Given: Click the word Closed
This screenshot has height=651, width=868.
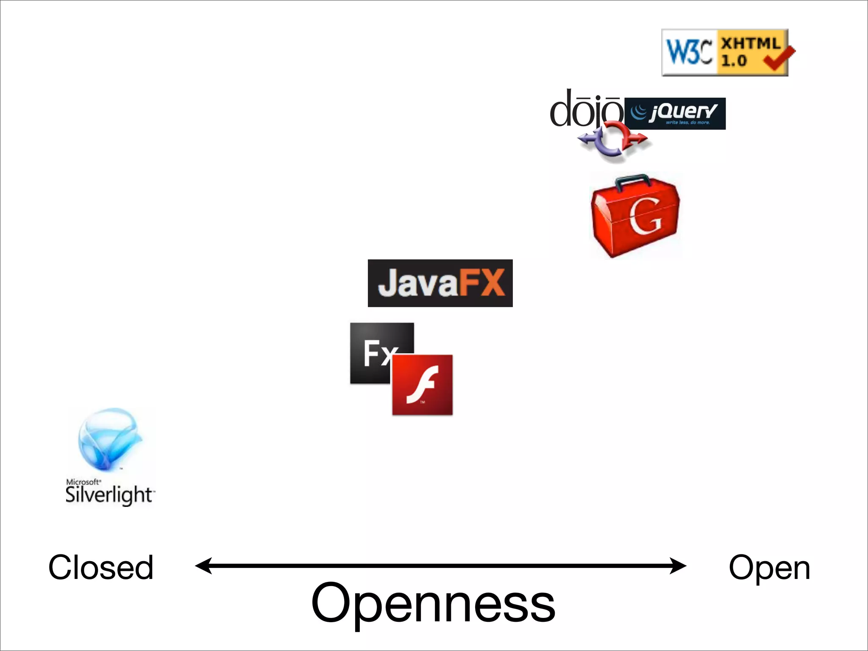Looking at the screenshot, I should point(101,568).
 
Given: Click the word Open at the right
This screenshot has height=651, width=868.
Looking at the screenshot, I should point(769,568).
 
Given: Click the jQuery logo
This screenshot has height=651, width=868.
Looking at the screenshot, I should point(675,114).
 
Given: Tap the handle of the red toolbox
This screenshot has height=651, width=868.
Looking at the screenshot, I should point(633,180).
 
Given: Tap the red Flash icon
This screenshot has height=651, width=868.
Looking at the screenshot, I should point(423,385).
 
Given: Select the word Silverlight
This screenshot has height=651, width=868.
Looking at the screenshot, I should point(109,495).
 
